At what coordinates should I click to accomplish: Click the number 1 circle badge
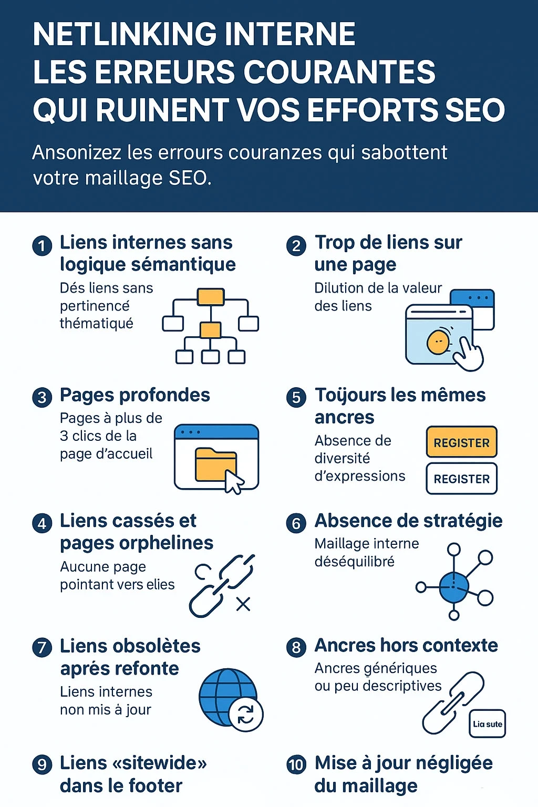(x=42, y=246)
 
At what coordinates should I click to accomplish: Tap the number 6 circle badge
(x=296, y=523)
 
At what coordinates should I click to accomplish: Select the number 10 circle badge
(x=296, y=764)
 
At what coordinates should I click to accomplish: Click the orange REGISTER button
(x=461, y=442)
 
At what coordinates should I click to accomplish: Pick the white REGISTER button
(x=461, y=479)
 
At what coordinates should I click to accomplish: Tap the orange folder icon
(x=215, y=464)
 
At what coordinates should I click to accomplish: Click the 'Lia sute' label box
(x=487, y=724)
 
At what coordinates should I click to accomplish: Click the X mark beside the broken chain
(x=243, y=604)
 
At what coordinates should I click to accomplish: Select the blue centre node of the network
(x=453, y=587)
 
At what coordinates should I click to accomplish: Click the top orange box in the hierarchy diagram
(x=211, y=297)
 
